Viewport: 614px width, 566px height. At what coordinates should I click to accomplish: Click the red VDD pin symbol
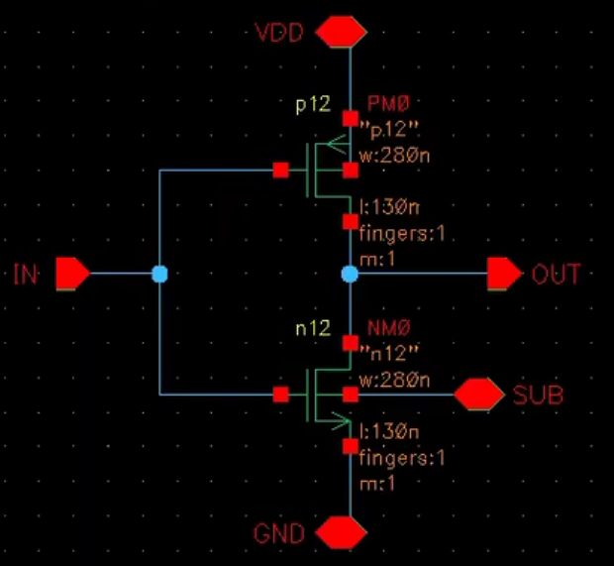click(339, 32)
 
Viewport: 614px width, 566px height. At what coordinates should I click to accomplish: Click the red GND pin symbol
click(339, 533)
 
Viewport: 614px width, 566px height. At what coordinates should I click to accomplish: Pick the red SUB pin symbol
click(479, 395)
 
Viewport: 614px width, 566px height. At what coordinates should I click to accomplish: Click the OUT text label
click(556, 273)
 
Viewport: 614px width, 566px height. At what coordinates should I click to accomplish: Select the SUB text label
click(538, 396)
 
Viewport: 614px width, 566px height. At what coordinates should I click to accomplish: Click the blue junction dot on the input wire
click(159, 273)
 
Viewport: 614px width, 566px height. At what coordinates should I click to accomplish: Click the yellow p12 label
click(310, 104)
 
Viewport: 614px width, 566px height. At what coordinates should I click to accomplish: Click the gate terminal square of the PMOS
click(281, 170)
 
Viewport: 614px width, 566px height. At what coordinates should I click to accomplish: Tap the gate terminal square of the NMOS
click(281, 395)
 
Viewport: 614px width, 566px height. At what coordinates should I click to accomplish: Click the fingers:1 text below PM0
click(404, 237)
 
